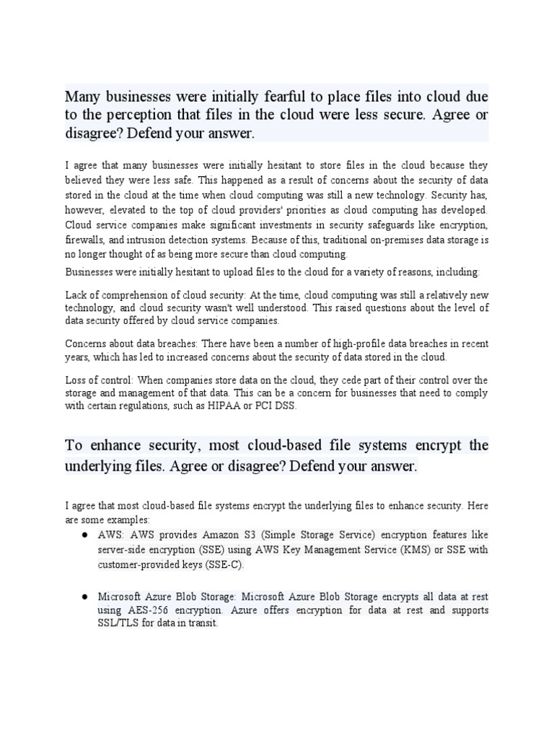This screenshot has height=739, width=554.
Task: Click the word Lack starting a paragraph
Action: tap(77, 295)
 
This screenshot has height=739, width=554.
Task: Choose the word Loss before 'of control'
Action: tap(77, 379)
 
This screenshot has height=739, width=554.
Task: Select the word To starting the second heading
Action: tap(74, 445)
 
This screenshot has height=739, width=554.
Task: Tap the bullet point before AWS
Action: tap(84, 534)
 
